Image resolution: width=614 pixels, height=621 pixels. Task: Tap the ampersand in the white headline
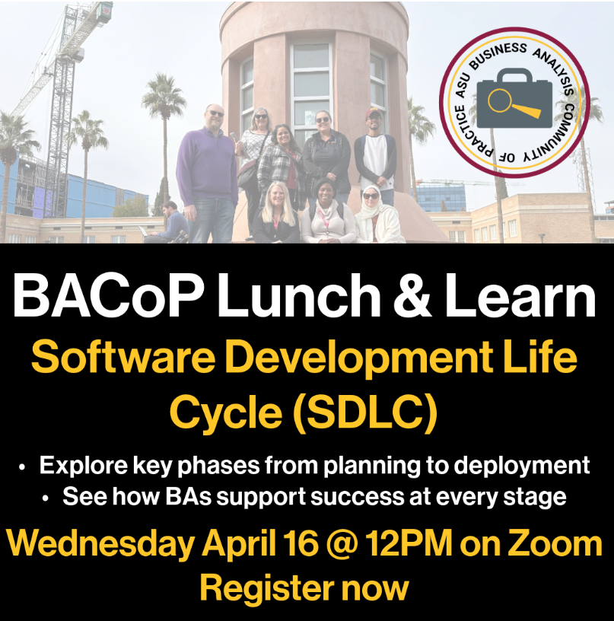pos(412,295)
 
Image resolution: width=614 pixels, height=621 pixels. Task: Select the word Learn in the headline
pos(520,295)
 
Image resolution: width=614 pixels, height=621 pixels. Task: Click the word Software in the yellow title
pos(123,357)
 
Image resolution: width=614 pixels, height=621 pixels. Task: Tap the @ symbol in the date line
pos(341,544)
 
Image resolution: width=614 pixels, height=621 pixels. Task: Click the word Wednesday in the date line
pos(100,544)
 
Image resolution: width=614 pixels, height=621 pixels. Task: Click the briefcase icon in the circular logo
pos(514,99)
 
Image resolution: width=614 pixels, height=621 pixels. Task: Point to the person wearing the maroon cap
pos(374,155)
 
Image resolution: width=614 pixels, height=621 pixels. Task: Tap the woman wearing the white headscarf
pos(378,215)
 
